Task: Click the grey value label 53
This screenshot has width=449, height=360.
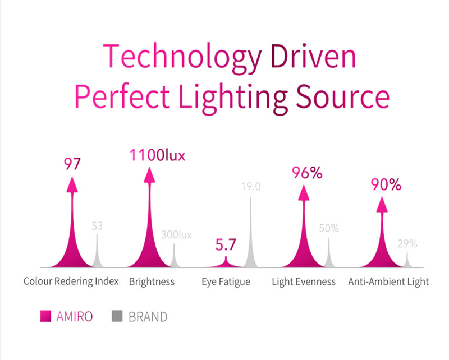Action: (x=97, y=226)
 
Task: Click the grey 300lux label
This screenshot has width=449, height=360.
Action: (x=176, y=235)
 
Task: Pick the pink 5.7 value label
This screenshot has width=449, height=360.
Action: (x=226, y=245)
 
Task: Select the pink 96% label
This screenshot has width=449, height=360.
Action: (x=306, y=173)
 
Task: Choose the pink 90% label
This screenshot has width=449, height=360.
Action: (x=386, y=184)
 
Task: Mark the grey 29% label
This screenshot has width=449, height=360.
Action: (x=407, y=244)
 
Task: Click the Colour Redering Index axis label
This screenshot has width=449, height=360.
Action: (x=71, y=281)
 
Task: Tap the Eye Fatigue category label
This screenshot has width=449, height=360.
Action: (x=226, y=281)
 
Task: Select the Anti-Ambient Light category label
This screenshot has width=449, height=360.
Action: (x=388, y=281)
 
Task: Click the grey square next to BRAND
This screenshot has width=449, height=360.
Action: (x=117, y=316)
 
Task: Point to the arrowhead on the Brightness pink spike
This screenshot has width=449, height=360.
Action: (x=149, y=174)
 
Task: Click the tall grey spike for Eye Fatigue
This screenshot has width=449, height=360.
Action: (x=251, y=236)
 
